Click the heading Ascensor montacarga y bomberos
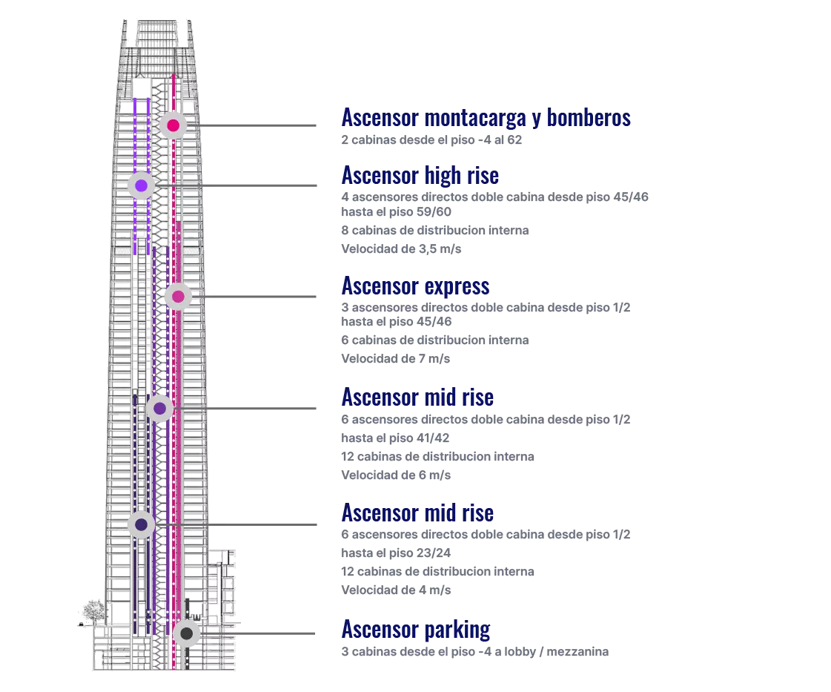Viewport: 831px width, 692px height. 486,117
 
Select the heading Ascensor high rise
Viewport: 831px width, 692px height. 420,175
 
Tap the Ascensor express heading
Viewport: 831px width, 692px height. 415,286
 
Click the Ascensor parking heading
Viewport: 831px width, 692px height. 415,630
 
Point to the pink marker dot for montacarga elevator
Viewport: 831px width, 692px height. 173,125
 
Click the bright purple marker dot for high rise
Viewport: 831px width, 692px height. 141,185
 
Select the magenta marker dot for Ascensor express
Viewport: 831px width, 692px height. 178,297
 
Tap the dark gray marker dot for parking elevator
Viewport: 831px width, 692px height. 187,634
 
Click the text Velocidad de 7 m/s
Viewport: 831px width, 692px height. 395,359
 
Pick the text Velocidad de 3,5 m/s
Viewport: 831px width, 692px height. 401,249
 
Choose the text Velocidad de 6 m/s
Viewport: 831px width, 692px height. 395,475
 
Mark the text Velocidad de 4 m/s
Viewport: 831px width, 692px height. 396,590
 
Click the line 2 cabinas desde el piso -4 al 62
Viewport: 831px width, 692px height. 431,140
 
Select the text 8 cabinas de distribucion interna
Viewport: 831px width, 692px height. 434,231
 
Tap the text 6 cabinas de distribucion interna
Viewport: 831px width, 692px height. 434,340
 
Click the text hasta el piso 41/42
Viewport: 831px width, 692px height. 395,438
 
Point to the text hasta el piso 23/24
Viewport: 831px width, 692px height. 396,553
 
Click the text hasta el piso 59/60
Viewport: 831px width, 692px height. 396,212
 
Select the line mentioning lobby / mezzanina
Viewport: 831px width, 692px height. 474,652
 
